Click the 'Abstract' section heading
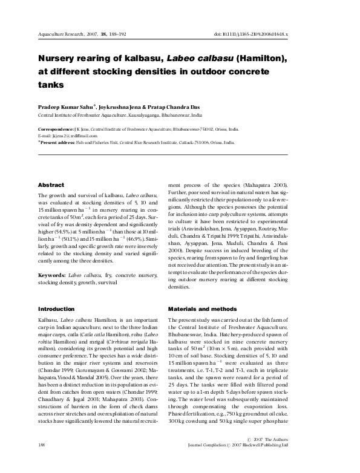click(x=51, y=184)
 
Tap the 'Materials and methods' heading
click(x=198, y=308)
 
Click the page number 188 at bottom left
click(x=42, y=462)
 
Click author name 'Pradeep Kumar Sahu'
click(x=66, y=106)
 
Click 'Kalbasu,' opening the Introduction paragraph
click(x=48, y=319)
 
